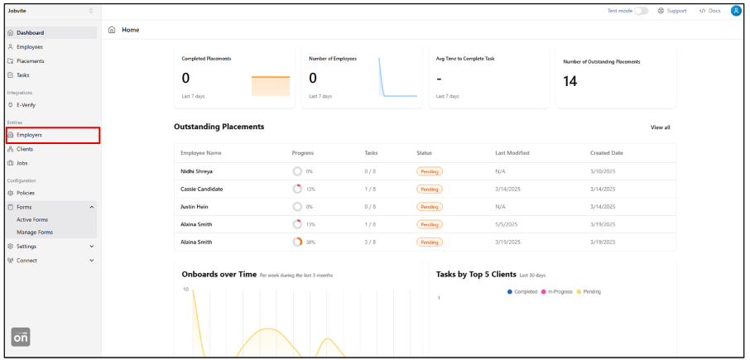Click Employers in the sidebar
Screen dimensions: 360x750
click(30, 135)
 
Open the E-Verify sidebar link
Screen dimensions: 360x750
click(26, 105)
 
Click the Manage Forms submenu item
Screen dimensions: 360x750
click(34, 233)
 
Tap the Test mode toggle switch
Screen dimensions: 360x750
click(641, 11)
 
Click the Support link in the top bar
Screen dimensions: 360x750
click(672, 11)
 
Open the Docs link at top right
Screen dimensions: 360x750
click(710, 11)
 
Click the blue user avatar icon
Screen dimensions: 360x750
click(736, 11)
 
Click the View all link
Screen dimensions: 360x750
click(660, 127)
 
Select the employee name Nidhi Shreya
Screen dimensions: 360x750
click(196, 171)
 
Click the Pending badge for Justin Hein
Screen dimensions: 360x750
click(429, 207)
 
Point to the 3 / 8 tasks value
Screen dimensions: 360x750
click(370, 242)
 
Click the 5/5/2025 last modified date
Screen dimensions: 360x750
click(506, 224)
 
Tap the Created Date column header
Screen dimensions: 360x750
click(607, 153)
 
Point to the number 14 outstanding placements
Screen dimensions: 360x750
click(570, 81)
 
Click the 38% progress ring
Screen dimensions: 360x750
click(297, 242)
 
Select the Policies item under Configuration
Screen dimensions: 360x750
click(26, 193)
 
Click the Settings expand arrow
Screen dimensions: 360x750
click(91, 246)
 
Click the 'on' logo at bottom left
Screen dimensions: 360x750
click(21, 338)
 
